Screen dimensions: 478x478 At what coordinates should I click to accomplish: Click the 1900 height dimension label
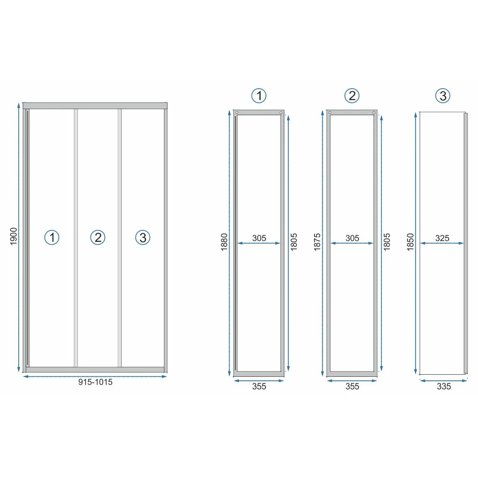(x=14, y=236)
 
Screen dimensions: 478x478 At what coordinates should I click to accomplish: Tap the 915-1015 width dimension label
(x=96, y=382)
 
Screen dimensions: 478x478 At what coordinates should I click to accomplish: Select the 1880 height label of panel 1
(x=224, y=242)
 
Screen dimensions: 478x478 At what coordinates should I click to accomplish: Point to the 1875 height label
(x=317, y=242)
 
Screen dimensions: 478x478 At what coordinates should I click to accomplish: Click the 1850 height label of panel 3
(x=411, y=242)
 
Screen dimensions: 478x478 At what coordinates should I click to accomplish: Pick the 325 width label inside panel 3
(x=442, y=238)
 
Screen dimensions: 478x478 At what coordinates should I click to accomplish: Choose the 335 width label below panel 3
(x=444, y=387)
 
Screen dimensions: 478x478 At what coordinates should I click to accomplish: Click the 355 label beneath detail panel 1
(x=259, y=387)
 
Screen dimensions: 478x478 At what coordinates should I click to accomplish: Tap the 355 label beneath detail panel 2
(x=352, y=387)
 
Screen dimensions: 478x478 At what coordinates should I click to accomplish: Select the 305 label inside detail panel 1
(x=259, y=238)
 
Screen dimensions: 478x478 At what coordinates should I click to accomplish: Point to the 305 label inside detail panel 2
(x=352, y=238)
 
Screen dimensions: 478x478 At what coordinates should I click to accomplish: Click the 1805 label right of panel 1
(x=294, y=242)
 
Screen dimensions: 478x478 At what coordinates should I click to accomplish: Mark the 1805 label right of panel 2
(x=387, y=242)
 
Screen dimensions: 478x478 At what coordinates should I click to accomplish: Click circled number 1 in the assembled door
(x=52, y=238)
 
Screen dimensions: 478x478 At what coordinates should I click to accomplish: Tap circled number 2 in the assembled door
(x=98, y=238)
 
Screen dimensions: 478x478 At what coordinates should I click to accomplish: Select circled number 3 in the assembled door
(x=142, y=238)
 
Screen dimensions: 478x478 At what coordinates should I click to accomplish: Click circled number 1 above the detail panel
(x=259, y=96)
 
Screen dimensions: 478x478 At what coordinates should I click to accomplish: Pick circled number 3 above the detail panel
(x=443, y=96)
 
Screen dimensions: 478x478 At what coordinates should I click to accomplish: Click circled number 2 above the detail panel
(x=352, y=96)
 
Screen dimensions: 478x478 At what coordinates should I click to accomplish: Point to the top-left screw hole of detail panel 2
(x=330, y=112)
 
